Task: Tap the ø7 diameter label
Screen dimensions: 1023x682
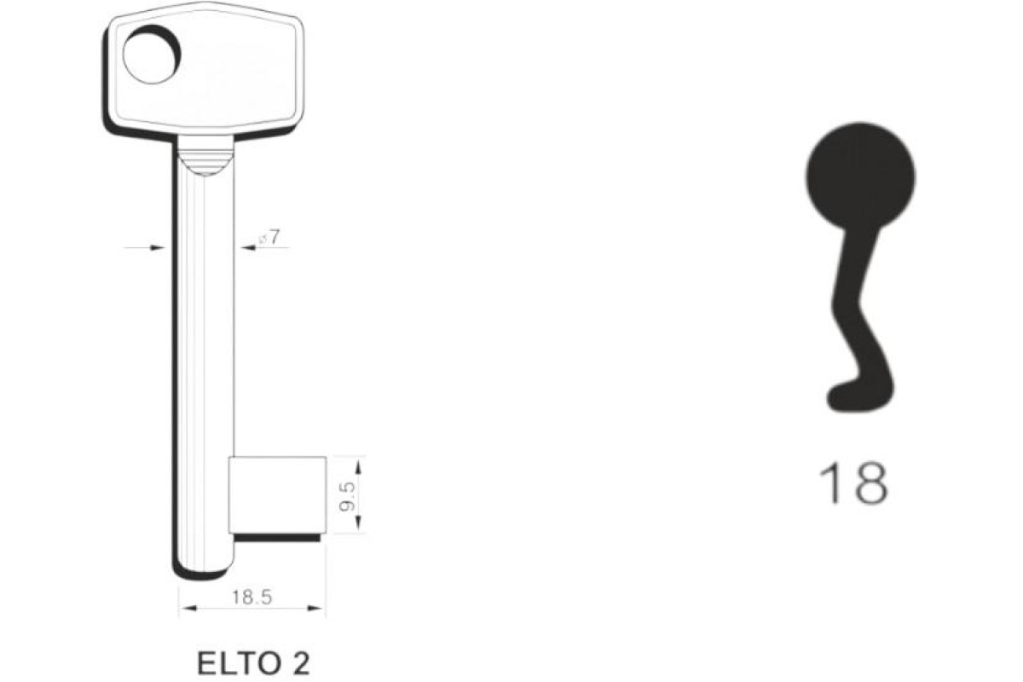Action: click(x=269, y=238)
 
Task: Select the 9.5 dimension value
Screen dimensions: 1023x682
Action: click(x=348, y=496)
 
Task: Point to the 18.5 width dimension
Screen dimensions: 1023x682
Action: click(x=252, y=598)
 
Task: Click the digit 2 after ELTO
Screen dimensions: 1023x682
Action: click(x=300, y=664)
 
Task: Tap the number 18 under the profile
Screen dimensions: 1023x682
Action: click(x=853, y=483)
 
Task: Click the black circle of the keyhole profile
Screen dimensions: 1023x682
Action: click(x=860, y=176)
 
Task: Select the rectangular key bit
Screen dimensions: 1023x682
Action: click(x=277, y=494)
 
